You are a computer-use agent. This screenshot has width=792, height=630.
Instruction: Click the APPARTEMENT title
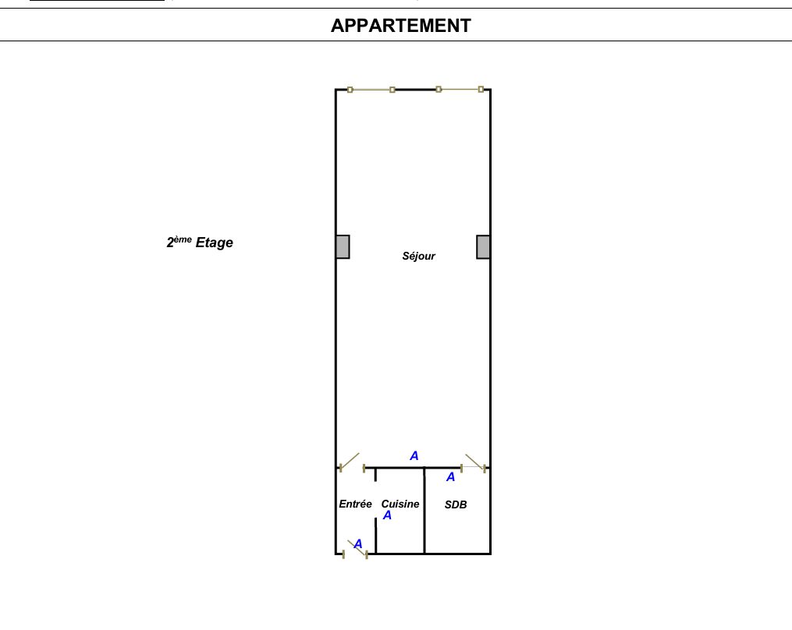click(400, 26)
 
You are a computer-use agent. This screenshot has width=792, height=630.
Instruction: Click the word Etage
click(214, 242)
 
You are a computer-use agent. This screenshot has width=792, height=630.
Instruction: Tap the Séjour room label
click(418, 256)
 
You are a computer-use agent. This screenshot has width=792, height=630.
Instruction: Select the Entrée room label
click(355, 504)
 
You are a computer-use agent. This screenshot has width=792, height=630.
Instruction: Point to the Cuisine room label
click(400, 504)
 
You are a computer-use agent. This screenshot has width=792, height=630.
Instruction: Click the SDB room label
click(456, 504)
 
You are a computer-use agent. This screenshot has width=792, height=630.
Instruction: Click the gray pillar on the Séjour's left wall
click(343, 247)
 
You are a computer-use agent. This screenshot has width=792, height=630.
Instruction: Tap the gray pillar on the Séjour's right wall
click(483, 247)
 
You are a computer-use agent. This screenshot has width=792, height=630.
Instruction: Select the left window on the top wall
click(371, 90)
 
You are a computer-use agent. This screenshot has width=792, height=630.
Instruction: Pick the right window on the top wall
click(460, 90)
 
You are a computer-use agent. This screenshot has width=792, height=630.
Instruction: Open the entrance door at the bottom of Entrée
click(356, 550)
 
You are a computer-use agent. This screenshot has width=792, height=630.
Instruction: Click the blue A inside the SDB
click(450, 477)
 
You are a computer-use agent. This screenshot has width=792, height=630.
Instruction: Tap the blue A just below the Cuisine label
click(387, 515)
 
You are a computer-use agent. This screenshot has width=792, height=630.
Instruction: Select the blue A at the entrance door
click(358, 543)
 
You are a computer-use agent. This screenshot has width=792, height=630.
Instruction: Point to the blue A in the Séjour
click(414, 456)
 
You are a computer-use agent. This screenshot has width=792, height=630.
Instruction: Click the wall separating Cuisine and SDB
click(424, 511)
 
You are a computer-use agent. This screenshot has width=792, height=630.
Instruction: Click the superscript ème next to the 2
click(183, 239)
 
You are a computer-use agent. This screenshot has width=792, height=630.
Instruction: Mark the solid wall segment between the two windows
click(416, 90)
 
